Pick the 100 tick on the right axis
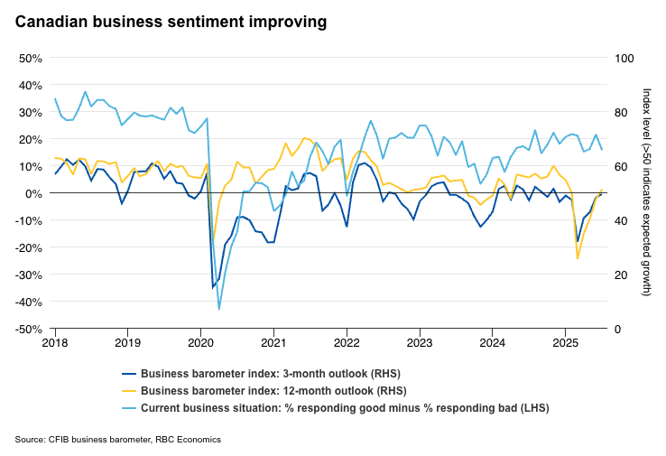pyautogui.click(x=624, y=58)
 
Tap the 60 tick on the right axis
pyautogui.click(x=622, y=166)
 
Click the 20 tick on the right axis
pyautogui.click(x=622, y=275)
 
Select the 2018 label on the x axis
pyautogui.click(x=55, y=343)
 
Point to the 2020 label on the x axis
pyautogui.click(x=200, y=343)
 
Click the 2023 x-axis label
pyautogui.click(x=419, y=343)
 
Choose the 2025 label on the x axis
pyautogui.click(x=565, y=343)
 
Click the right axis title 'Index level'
pyautogui.click(x=646, y=192)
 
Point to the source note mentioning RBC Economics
pyautogui.click(x=118, y=440)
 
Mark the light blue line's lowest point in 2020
pyautogui.click(x=219, y=309)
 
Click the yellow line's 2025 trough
pyautogui.click(x=578, y=259)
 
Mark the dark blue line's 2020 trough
pyautogui.click(x=213, y=287)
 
